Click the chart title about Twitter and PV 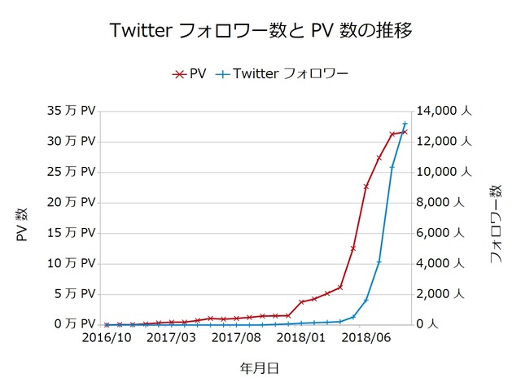260,32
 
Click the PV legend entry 190,74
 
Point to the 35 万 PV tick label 72,110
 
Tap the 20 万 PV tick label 72,202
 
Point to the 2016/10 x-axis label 106,337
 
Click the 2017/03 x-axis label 171,337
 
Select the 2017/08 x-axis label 235,337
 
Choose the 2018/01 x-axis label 300,337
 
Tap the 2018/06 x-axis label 365,337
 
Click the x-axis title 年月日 260,368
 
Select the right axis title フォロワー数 495,224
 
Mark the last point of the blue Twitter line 405,124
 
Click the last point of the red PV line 405,131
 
